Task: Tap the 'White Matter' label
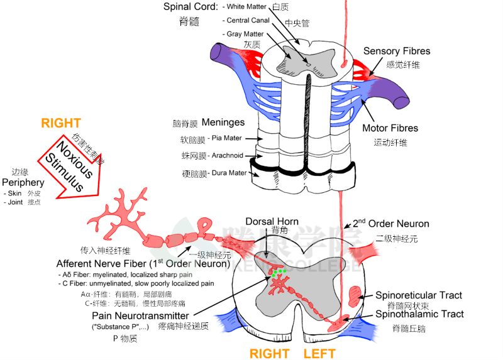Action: (x=246, y=7)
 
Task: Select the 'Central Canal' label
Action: (x=248, y=20)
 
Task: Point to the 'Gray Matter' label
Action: (x=245, y=34)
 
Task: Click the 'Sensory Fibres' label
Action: (x=397, y=51)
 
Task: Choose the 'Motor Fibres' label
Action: (x=390, y=128)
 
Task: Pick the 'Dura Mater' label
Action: (x=228, y=173)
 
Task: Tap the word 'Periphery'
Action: (x=23, y=182)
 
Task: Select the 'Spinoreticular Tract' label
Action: (x=418, y=295)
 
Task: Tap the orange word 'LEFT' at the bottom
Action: (x=319, y=353)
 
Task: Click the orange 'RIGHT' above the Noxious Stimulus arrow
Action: (x=61, y=123)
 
